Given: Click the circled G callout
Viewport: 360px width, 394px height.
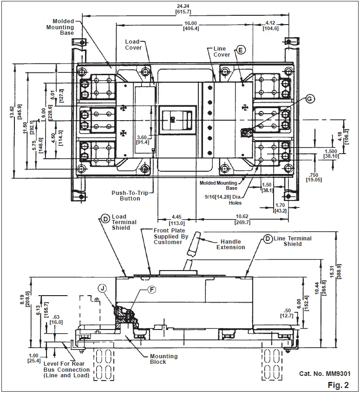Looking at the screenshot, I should [x=311, y=99].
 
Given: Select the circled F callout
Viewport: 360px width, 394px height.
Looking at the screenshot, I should [x=151, y=289].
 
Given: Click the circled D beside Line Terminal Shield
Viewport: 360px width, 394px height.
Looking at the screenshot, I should [x=267, y=239].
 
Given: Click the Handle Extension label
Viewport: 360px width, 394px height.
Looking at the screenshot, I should [x=230, y=244].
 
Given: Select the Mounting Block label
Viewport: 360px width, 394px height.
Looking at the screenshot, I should [x=164, y=359].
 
